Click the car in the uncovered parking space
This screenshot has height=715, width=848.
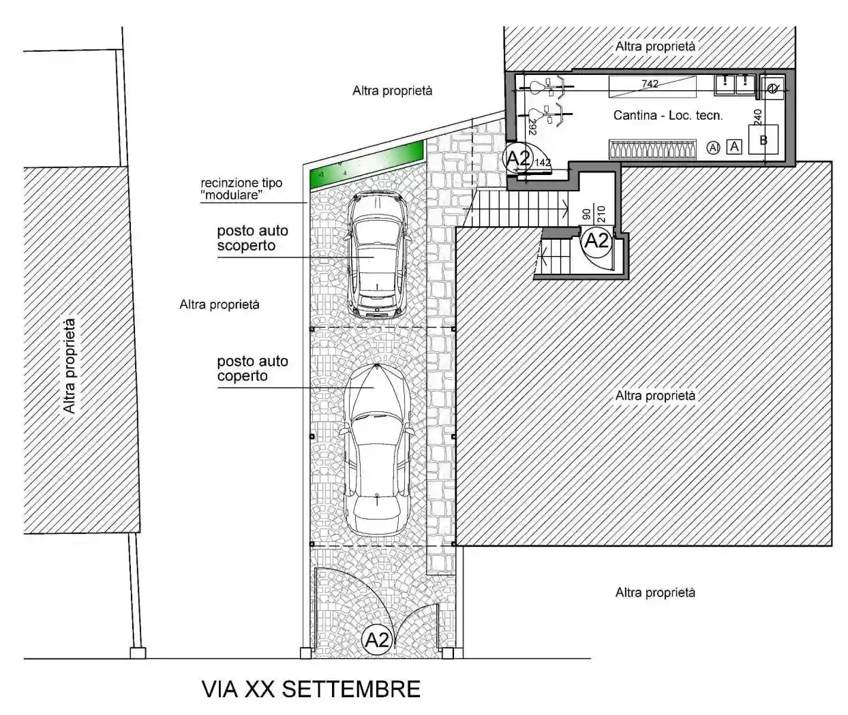click(x=378, y=255)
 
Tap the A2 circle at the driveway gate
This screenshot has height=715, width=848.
click(x=376, y=640)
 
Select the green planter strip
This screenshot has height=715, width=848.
click(x=367, y=165)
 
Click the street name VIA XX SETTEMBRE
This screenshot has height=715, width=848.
click(x=311, y=689)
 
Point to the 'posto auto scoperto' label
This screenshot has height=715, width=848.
click(x=252, y=238)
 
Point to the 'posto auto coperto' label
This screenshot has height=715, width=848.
click(x=252, y=368)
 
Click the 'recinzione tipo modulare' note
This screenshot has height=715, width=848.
click(x=241, y=189)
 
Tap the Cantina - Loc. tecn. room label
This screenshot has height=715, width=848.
click(x=667, y=115)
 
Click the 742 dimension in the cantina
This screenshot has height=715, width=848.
click(x=650, y=84)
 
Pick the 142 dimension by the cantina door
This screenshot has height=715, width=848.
click(x=543, y=163)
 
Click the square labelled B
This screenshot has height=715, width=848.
click(x=763, y=140)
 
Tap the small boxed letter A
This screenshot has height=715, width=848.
click(x=734, y=146)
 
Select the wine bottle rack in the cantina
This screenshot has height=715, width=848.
click(x=652, y=149)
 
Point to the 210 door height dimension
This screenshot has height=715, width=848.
click(x=601, y=214)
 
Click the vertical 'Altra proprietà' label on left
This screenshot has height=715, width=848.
click(x=70, y=366)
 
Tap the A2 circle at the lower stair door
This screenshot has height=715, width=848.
click(x=596, y=240)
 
